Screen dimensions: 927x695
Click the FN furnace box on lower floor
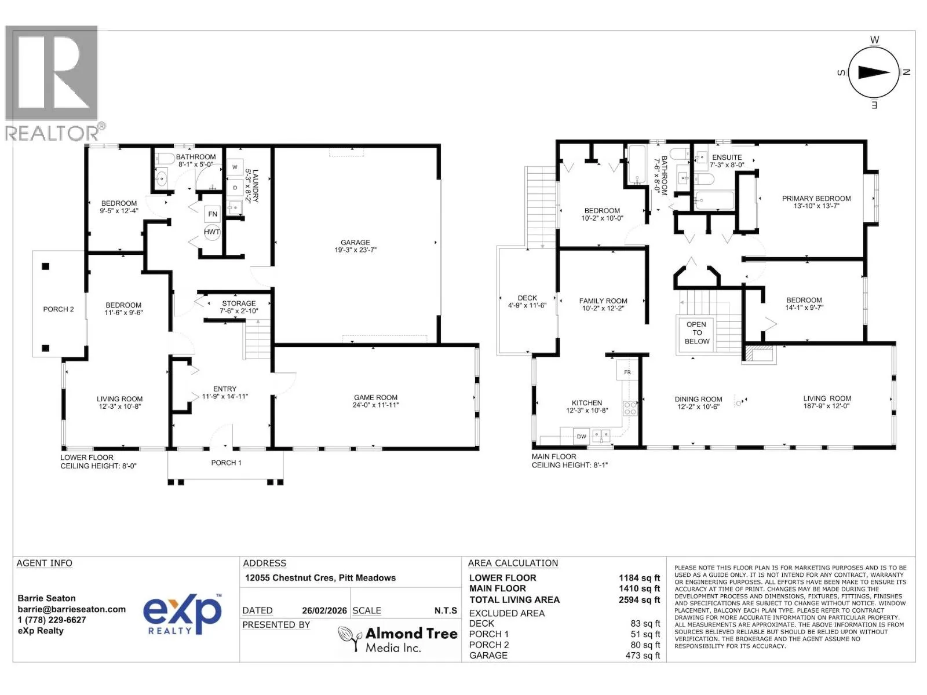(x=213, y=214)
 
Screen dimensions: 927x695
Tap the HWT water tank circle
(x=211, y=232)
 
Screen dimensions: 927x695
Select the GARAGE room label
(x=355, y=243)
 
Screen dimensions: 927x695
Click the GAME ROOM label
(x=375, y=397)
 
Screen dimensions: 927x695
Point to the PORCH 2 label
(x=59, y=309)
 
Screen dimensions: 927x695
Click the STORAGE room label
(x=239, y=303)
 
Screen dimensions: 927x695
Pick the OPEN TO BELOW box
(x=696, y=333)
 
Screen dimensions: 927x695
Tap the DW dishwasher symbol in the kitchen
(x=582, y=437)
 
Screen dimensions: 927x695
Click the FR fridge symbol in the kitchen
(x=627, y=372)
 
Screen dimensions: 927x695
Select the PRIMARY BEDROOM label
(x=816, y=199)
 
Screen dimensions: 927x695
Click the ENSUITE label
(x=727, y=158)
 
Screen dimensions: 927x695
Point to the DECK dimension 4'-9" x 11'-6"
(x=527, y=306)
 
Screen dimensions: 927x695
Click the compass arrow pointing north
(x=875, y=72)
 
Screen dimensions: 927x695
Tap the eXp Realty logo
(x=183, y=614)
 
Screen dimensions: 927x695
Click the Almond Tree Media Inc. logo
(x=397, y=639)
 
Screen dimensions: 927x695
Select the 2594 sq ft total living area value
(x=639, y=599)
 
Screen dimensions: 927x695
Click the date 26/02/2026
(x=324, y=610)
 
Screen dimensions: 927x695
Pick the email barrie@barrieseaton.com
(x=71, y=609)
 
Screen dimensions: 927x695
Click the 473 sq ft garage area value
(x=643, y=656)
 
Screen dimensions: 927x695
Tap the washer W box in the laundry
(x=235, y=167)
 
